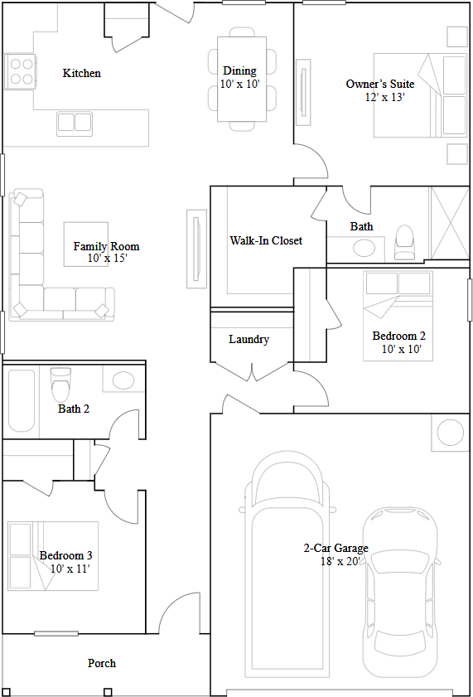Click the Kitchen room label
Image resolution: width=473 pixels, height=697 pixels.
pos(82,73)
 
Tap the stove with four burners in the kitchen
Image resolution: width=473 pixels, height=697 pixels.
pos(20,71)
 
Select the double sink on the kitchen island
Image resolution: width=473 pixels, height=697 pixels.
pos(75,123)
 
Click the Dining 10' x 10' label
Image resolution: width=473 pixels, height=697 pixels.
pos(239,77)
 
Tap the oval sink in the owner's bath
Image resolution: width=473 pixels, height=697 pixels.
pos(364,247)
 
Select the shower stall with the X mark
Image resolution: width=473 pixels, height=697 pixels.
pos(449,225)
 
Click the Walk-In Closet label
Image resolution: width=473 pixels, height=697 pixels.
pos(266,240)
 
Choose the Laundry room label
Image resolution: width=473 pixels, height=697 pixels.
pos(249,339)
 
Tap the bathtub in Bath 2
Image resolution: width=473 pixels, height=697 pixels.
pos(22,400)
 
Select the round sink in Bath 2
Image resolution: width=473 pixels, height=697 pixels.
pos(123,380)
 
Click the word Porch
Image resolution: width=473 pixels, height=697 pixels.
pos(102,663)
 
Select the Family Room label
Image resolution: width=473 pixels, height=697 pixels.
pos(106,246)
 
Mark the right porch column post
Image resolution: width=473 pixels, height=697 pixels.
pos(108,691)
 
